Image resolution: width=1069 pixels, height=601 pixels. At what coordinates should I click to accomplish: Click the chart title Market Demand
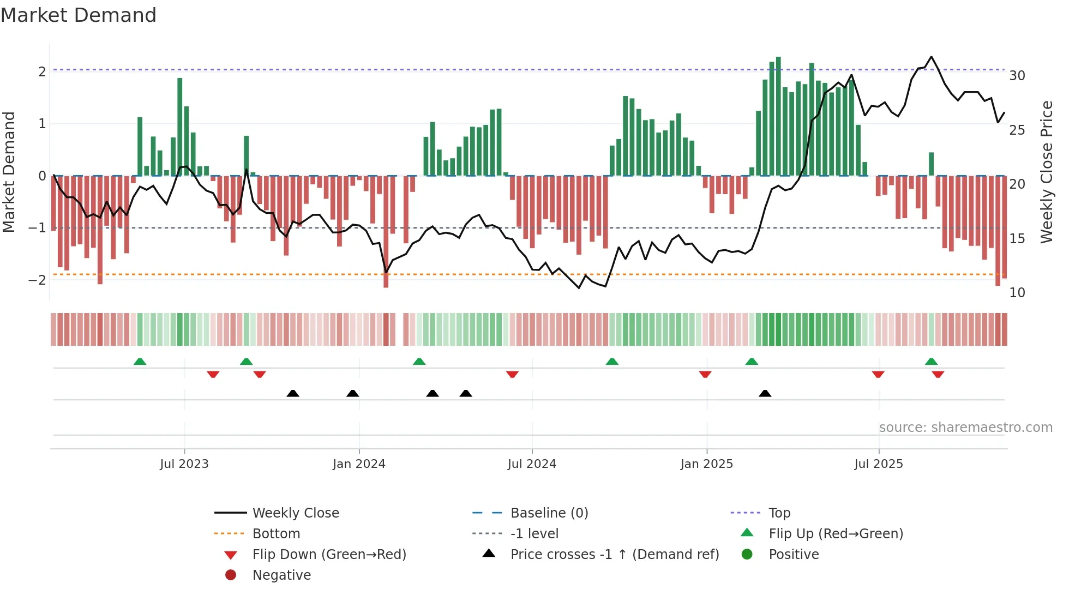79,15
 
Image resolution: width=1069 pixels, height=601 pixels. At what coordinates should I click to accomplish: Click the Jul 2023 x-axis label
184,464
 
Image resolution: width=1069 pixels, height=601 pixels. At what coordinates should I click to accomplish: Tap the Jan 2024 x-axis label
359,464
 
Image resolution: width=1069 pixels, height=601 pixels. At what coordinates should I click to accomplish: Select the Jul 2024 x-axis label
532,464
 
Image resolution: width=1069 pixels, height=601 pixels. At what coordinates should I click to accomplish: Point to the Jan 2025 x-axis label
707,464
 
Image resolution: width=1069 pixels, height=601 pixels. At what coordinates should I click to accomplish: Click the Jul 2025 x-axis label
879,464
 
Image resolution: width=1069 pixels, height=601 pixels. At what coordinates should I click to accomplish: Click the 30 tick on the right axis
1017,76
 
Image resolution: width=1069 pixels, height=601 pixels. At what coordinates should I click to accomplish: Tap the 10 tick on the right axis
1017,293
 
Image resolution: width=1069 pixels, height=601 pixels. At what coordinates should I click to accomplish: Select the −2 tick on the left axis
38,280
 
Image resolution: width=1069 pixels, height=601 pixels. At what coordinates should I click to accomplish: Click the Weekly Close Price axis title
1046,172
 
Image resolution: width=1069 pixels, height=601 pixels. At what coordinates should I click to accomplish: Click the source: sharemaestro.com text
965,428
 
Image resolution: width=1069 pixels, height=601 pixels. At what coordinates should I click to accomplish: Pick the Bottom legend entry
276,534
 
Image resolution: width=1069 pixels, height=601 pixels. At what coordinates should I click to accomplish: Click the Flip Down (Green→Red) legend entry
329,555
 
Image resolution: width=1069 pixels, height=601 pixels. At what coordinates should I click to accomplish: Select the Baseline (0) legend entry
549,513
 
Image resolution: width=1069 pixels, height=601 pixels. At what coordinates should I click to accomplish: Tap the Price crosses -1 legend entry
615,555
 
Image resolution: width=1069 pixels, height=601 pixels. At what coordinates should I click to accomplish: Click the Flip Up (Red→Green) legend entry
836,534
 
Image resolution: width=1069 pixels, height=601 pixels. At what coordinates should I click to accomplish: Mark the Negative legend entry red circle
231,575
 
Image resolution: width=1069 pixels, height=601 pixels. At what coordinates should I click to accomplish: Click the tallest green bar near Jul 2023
180,127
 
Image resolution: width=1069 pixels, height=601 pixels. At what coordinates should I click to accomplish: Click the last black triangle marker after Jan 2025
765,393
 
